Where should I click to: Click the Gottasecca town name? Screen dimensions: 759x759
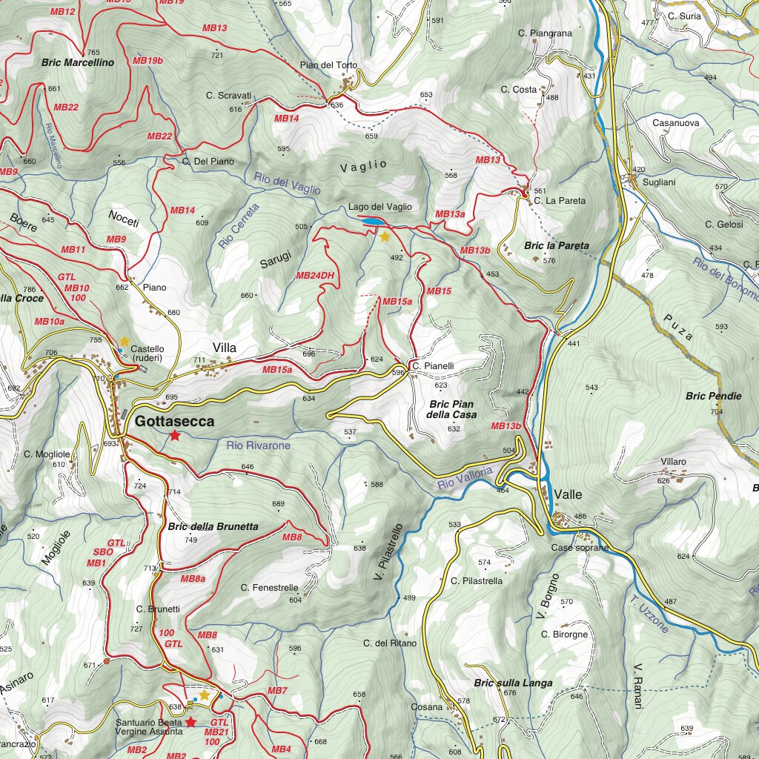click(x=174, y=421)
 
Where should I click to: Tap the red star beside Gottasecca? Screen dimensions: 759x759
click(x=174, y=436)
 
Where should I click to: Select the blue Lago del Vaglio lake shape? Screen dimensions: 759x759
click(x=373, y=221)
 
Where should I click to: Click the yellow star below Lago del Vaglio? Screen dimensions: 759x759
click(x=385, y=237)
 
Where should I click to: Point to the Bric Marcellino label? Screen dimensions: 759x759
click(x=78, y=63)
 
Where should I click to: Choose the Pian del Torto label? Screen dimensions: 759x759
click(x=328, y=65)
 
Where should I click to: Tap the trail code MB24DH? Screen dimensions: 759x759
click(x=316, y=276)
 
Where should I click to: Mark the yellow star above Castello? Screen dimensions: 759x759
click(x=125, y=341)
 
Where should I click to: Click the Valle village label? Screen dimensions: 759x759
click(x=568, y=494)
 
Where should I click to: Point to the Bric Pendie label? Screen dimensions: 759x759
click(x=713, y=396)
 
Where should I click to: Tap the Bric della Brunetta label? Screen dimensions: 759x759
click(x=213, y=526)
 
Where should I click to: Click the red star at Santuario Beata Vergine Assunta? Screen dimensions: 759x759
click(x=190, y=722)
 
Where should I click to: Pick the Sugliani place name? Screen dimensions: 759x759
click(x=659, y=182)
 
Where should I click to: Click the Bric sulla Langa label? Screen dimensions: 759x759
click(x=513, y=683)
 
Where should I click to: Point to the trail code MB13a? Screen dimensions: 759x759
click(x=450, y=214)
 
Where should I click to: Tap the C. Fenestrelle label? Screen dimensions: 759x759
click(x=269, y=587)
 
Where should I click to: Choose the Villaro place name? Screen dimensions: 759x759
click(x=673, y=462)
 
